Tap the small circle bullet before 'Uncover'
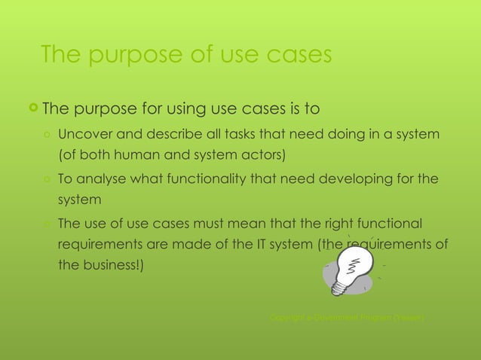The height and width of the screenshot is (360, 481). (47, 136)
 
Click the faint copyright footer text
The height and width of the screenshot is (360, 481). (348, 319)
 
